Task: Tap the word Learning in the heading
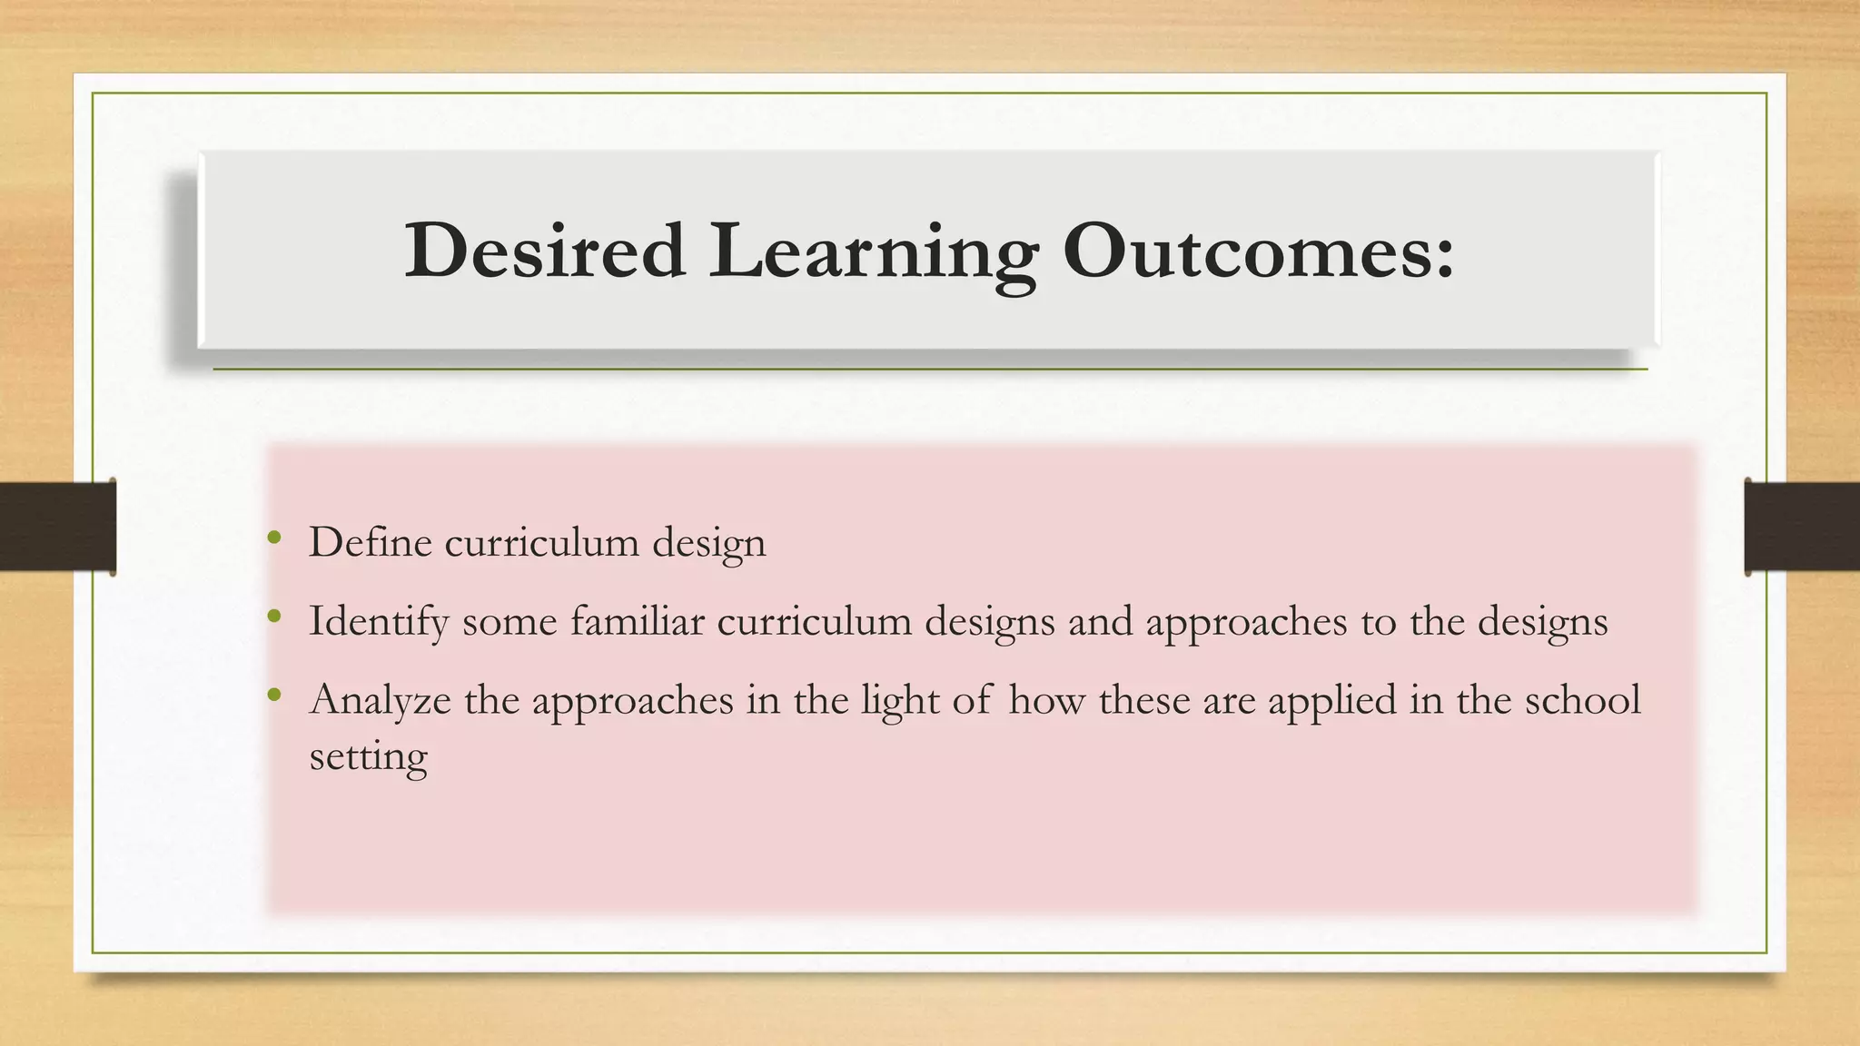pyautogui.click(x=874, y=252)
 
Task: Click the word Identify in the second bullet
pyautogui.click(x=379, y=623)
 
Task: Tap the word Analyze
pyautogui.click(x=380, y=701)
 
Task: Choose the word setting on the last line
pyautogui.click(x=368, y=756)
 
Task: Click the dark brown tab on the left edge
pyautogui.click(x=57, y=527)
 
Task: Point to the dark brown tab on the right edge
pyautogui.click(x=1802, y=527)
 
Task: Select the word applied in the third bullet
pyautogui.click(x=1331, y=701)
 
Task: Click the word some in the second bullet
pyautogui.click(x=510, y=621)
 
